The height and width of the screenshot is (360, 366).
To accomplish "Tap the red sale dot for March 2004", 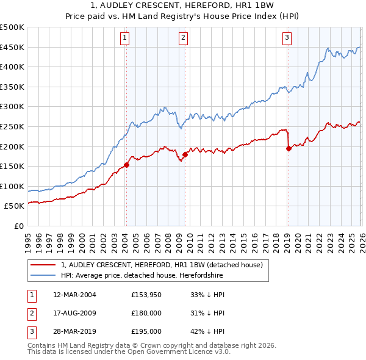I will pos(126,164).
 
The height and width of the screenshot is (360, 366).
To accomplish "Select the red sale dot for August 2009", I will pos(185,154).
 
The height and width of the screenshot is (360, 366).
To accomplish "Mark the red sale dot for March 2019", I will pos(289,148).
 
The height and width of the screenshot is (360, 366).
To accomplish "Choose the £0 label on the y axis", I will pos(19,226).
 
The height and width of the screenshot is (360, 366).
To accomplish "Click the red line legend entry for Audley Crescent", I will pos(162,265).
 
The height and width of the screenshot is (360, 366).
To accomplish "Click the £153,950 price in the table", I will pos(146,295).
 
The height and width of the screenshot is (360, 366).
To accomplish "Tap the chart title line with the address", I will pos(183,6).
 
